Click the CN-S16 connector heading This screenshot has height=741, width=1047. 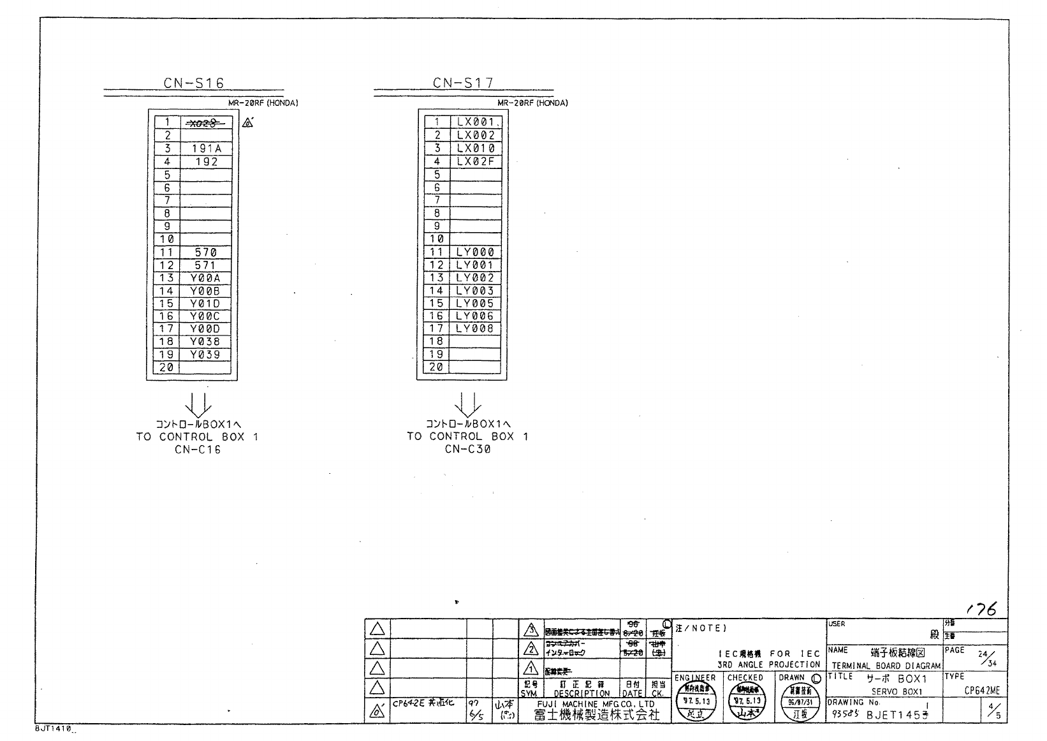pyautogui.click(x=193, y=82)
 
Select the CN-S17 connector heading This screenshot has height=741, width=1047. pyautogui.click(x=464, y=82)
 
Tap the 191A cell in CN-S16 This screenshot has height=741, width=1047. pyautogui.click(x=206, y=149)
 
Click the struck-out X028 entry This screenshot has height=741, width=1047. pyautogui.click(x=205, y=122)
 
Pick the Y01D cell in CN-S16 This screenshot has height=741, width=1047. pyautogui.click(x=205, y=304)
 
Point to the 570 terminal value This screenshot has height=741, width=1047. pyautogui.click(x=205, y=253)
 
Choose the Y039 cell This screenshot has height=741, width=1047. pyautogui.click(x=205, y=355)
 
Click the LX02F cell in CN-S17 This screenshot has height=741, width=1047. pyautogui.click(x=475, y=161)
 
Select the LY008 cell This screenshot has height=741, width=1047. pyautogui.click(x=475, y=329)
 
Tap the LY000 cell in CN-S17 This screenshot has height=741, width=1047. pyautogui.click(x=475, y=253)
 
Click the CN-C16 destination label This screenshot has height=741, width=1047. pyautogui.click(x=198, y=450)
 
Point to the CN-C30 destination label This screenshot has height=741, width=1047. pyautogui.click(x=468, y=450)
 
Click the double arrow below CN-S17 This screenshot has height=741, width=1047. pyautogui.click(x=468, y=405)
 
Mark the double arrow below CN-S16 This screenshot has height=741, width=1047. pyautogui.click(x=198, y=405)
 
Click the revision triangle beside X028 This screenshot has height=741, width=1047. pyautogui.click(x=248, y=122)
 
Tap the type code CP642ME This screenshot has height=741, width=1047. pyautogui.click(x=982, y=691)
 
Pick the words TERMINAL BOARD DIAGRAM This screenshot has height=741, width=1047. pyautogui.click(x=886, y=665)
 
